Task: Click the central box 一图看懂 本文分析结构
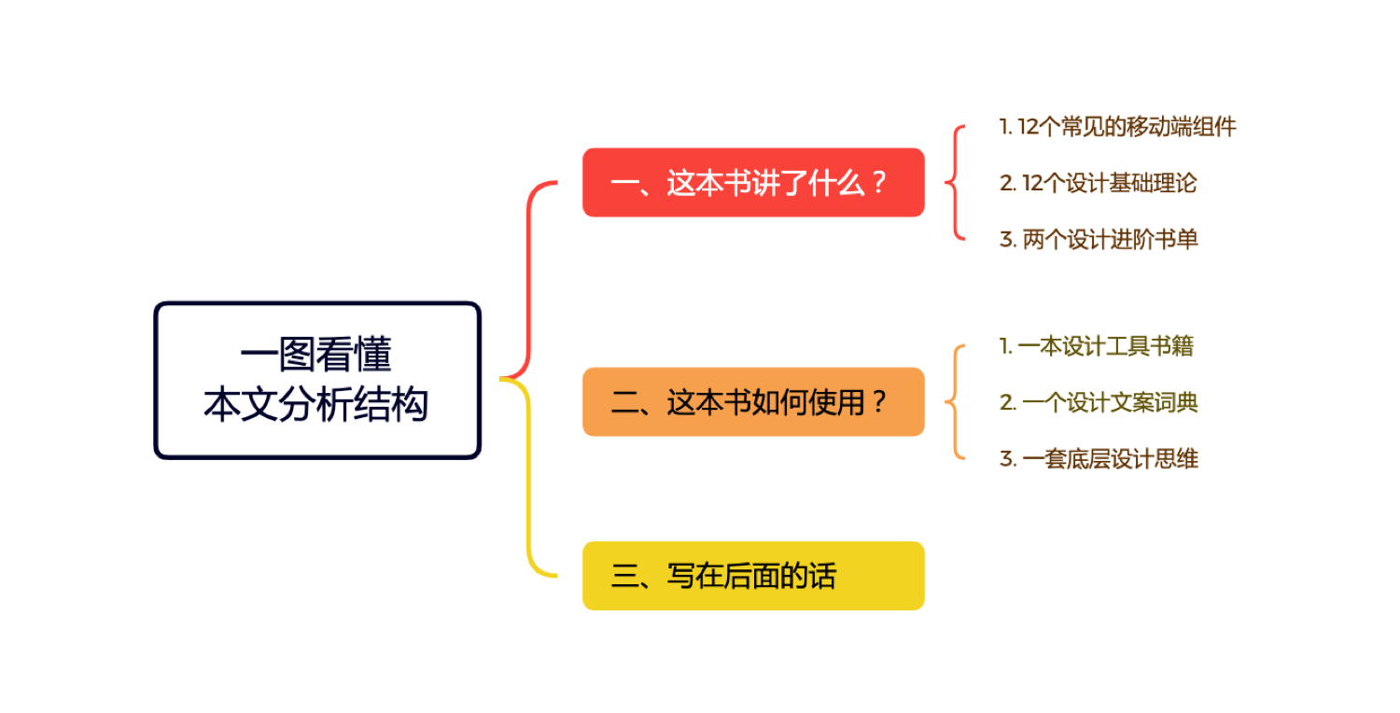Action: pyautogui.click(x=317, y=381)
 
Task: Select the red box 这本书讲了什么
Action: pyautogui.click(x=753, y=183)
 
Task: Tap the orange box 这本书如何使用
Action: pyautogui.click(x=753, y=402)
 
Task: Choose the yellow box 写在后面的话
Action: pyautogui.click(x=753, y=576)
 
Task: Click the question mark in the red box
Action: pyautogui.click(x=879, y=183)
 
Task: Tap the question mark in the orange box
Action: pyautogui.click(x=879, y=402)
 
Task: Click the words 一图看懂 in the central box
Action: pyautogui.click(x=316, y=355)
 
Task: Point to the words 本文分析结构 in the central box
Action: pyautogui.click(x=316, y=405)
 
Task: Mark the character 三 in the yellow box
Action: pyautogui.click(x=624, y=576)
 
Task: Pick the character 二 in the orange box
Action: pyautogui.click(x=624, y=402)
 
